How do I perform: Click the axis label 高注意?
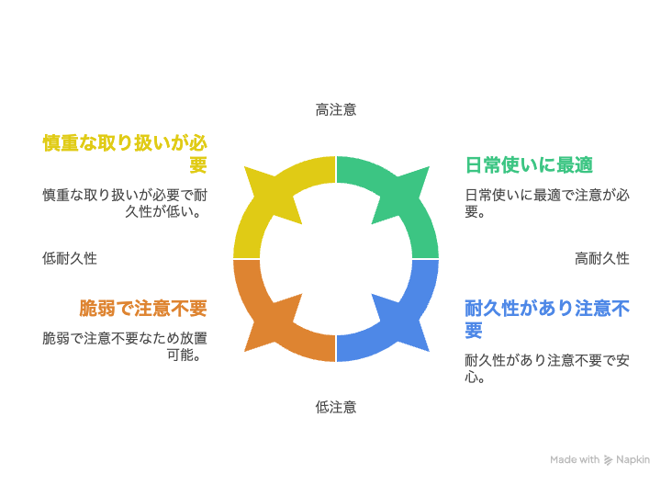(x=336, y=110)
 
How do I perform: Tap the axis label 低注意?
(x=336, y=407)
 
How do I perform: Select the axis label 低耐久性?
(x=70, y=259)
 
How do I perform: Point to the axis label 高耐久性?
(x=602, y=259)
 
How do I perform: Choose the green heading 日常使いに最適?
(x=530, y=165)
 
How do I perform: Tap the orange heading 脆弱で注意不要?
(x=143, y=309)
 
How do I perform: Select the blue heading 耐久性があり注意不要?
(x=547, y=320)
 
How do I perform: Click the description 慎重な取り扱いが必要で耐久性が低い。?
(x=125, y=203)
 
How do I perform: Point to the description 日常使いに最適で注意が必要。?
(x=547, y=203)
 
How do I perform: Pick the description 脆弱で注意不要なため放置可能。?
(x=125, y=346)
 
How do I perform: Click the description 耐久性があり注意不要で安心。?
(x=547, y=368)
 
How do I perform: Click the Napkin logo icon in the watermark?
(x=608, y=460)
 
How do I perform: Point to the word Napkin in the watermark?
(x=633, y=459)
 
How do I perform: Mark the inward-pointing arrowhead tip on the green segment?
(x=372, y=224)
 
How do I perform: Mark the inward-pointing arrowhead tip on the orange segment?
(x=302, y=294)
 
